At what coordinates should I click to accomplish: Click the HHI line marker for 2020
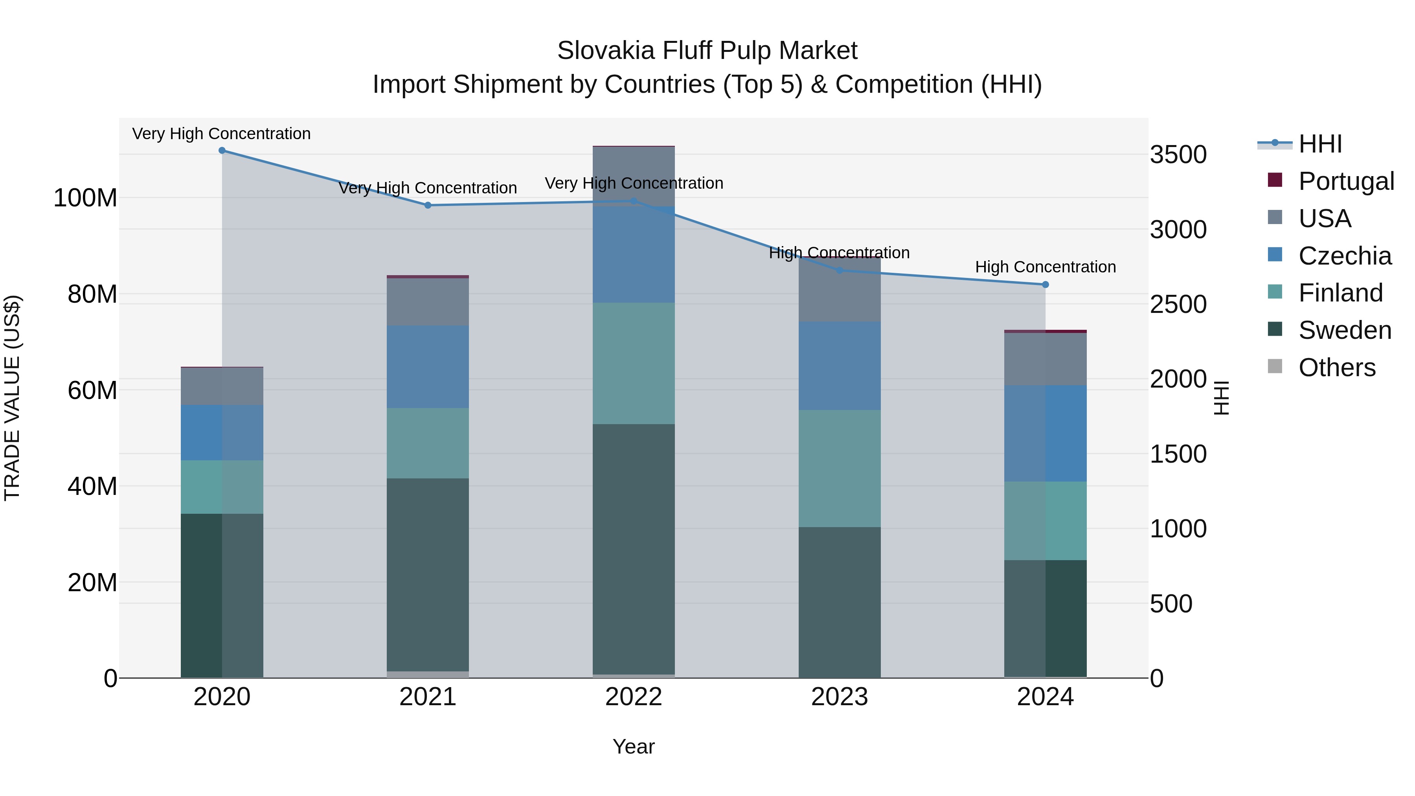[x=222, y=151]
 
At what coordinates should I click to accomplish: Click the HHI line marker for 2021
[x=428, y=206]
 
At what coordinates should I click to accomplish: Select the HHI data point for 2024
[x=1045, y=285]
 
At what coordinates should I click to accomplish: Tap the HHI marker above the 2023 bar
[x=839, y=270]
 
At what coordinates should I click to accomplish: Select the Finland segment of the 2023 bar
[x=839, y=468]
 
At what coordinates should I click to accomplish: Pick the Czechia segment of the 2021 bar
[x=428, y=366]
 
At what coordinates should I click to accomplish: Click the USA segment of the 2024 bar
[x=1045, y=359]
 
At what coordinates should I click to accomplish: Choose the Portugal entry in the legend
[x=1346, y=181]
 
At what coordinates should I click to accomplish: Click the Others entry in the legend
[x=1336, y=368]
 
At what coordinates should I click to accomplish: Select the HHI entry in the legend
[x=1320, y=144]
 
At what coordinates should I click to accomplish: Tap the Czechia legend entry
[x=1345, y=256]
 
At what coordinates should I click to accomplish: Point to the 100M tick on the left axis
[x=85, y=198]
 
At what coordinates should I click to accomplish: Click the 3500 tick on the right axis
[x=1178, y=155]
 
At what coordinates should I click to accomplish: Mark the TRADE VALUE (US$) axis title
[x=12, y=398]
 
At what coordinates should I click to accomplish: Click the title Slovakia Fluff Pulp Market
[x=707, y=51]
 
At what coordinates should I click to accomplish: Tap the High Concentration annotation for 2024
[x=1045, y=267]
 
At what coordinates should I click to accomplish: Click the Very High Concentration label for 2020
[x=221, y=134]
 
